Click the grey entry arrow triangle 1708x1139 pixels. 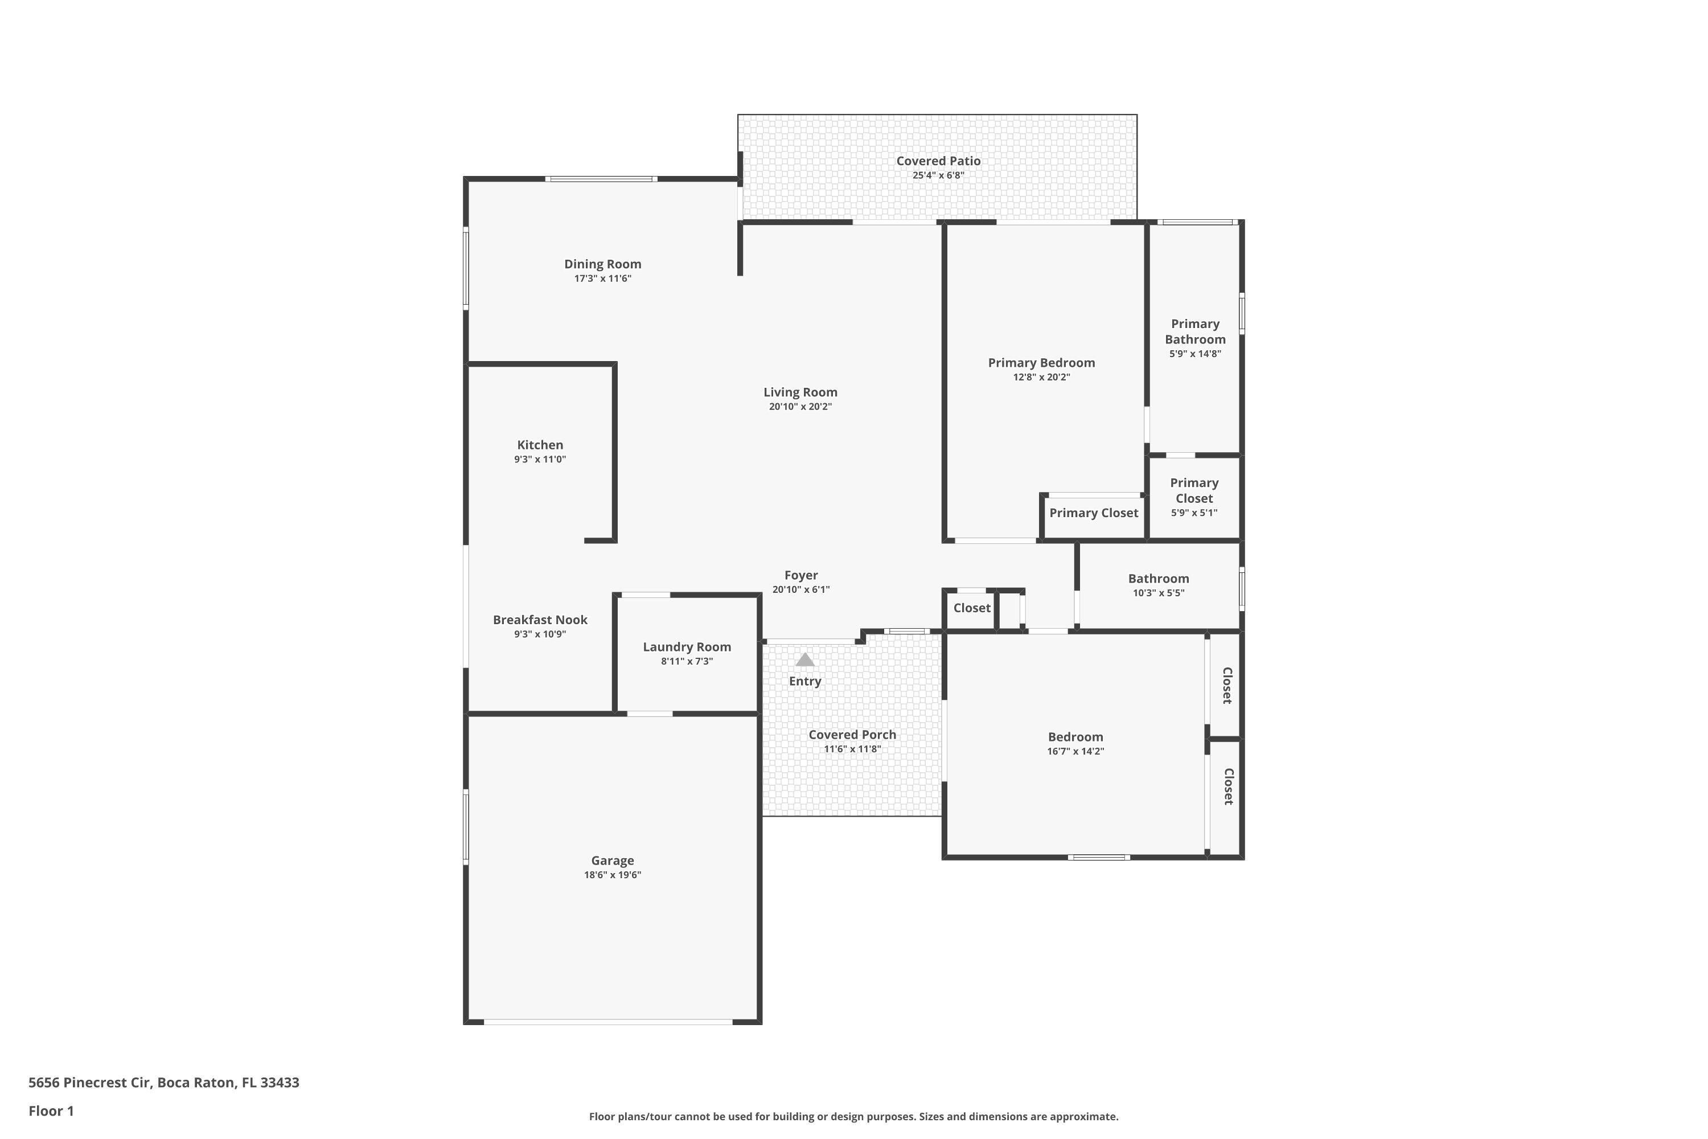coord(804,659)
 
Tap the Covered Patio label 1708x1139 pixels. coord(938,161)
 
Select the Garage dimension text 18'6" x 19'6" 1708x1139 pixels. coord(612,875)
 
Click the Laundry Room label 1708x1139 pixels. coord(686,647)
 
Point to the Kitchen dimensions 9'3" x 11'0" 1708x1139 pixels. coord(540,460)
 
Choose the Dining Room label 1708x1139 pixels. coord(602,264)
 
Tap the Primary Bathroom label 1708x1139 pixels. coord(1194,332)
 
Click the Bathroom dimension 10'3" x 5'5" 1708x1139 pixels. coord(1158,593)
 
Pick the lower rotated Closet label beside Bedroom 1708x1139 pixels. coord(1227,786)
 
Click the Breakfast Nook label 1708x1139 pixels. coord(540,620)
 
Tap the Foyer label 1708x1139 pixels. coord(800,575)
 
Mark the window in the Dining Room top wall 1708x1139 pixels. coord(601,179)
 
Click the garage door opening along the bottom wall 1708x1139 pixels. coord(608,1022)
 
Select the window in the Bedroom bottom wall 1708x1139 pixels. coord(1098,858)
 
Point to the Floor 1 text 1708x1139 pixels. coord(51,1111)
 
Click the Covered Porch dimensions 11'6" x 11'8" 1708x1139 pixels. coord(852,749)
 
